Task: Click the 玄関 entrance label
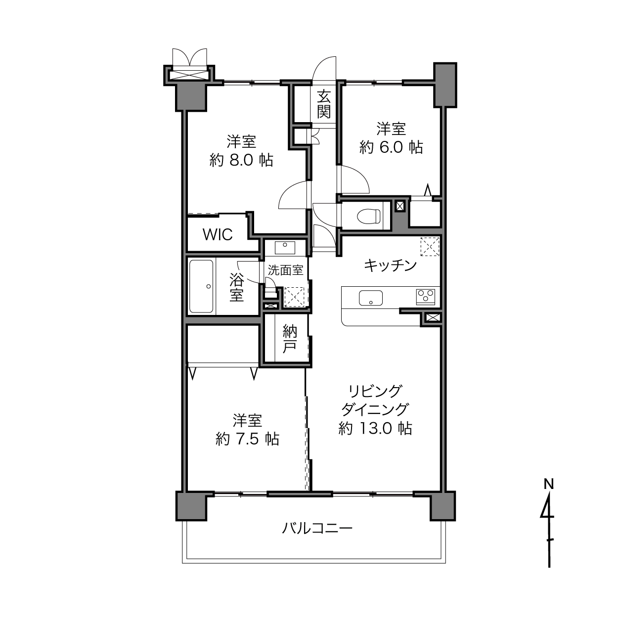click(323, 104)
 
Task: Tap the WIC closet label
click(218, 235)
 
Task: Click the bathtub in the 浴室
click(201, 286)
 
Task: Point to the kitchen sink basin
click(371, 298)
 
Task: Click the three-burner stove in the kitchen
click(426, 297)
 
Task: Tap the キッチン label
click(390, 265)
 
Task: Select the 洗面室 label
click(286, 270)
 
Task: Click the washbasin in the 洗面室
click(285, 248)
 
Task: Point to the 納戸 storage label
click(290, 339)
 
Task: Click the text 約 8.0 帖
click(241, 160)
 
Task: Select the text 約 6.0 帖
click(391, 147)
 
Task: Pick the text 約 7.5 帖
click(247, 439)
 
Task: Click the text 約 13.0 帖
click(375, 428)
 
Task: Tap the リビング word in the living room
click(375, 391)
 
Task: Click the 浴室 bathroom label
click(237, 287)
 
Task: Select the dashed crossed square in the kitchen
click(430, 246)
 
